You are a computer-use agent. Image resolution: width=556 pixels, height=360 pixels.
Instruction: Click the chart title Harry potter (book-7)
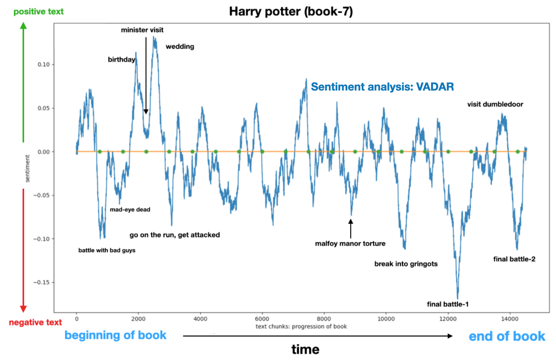[x=291, y=11]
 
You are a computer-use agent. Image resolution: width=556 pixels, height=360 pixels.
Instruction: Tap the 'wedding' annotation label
[x=180, y=47]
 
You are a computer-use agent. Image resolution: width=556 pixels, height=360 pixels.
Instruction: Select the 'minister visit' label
[x=142, y=30]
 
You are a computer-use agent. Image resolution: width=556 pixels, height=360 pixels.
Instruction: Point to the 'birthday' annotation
[x=121, y=60]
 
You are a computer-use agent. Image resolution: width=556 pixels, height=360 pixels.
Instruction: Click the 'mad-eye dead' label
[x=130, y=210]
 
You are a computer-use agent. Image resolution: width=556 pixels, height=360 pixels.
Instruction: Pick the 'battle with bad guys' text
[x=107, y=251]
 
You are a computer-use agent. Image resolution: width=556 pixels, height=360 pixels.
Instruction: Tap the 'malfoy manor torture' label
[x=350, y=243]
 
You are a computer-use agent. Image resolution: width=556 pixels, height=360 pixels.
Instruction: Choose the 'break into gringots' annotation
[x=406, y=264]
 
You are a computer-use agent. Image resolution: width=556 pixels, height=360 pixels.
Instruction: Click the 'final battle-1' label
[x=447, y=304]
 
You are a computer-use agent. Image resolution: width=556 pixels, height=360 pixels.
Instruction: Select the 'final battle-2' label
[x=514, y=259]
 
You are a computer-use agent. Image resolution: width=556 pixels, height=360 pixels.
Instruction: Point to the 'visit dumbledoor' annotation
[x=495, y=104]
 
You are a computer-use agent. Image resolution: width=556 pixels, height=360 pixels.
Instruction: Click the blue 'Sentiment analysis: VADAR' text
[x=382, y=87]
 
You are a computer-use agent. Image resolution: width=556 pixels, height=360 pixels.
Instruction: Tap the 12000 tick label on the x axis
[x=447, y=319]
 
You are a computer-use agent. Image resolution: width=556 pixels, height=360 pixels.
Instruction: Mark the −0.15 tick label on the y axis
[x=41, y=282]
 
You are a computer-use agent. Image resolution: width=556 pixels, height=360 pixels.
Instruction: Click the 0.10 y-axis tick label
[x=44, y=65]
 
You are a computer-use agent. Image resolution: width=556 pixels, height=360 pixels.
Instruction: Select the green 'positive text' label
[x=38, y=12]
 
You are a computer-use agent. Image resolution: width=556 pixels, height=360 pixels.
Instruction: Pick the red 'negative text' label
[x=35, y=323]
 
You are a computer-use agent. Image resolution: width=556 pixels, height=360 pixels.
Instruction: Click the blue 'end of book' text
[x=507, y=336]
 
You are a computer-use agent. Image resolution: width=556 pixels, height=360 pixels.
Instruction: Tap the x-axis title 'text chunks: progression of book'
[x=301, y=326]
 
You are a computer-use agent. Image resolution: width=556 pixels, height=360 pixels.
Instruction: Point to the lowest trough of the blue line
[x=457, y=298]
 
